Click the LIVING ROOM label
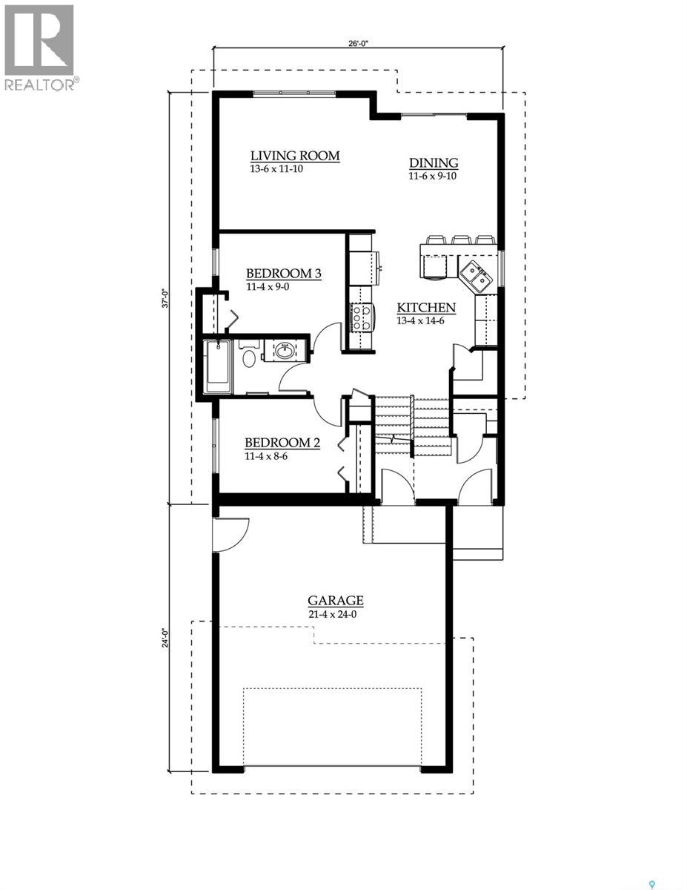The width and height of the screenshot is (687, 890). (x=294, y=156)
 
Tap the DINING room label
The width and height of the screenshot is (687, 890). (x=434, y=163)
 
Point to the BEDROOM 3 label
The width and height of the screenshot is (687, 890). (x=283, y=274)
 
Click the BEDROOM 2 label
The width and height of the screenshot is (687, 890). (x=282, y=443)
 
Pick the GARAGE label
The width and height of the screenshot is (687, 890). (x=335, y=601)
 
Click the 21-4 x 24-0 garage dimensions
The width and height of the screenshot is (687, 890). (x=335, y=614)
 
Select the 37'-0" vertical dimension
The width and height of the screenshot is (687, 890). (x=167, y=297)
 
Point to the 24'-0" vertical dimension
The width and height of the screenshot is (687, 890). (x=167, y=638)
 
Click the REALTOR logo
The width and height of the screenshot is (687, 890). (x=39, y=47)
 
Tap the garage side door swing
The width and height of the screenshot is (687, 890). (x=230, y=534)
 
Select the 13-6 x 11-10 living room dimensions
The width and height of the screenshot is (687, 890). (x=277, y=169)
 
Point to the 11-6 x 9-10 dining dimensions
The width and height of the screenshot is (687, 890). (x=434, y=177)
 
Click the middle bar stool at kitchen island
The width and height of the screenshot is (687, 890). (x=461, y=240)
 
